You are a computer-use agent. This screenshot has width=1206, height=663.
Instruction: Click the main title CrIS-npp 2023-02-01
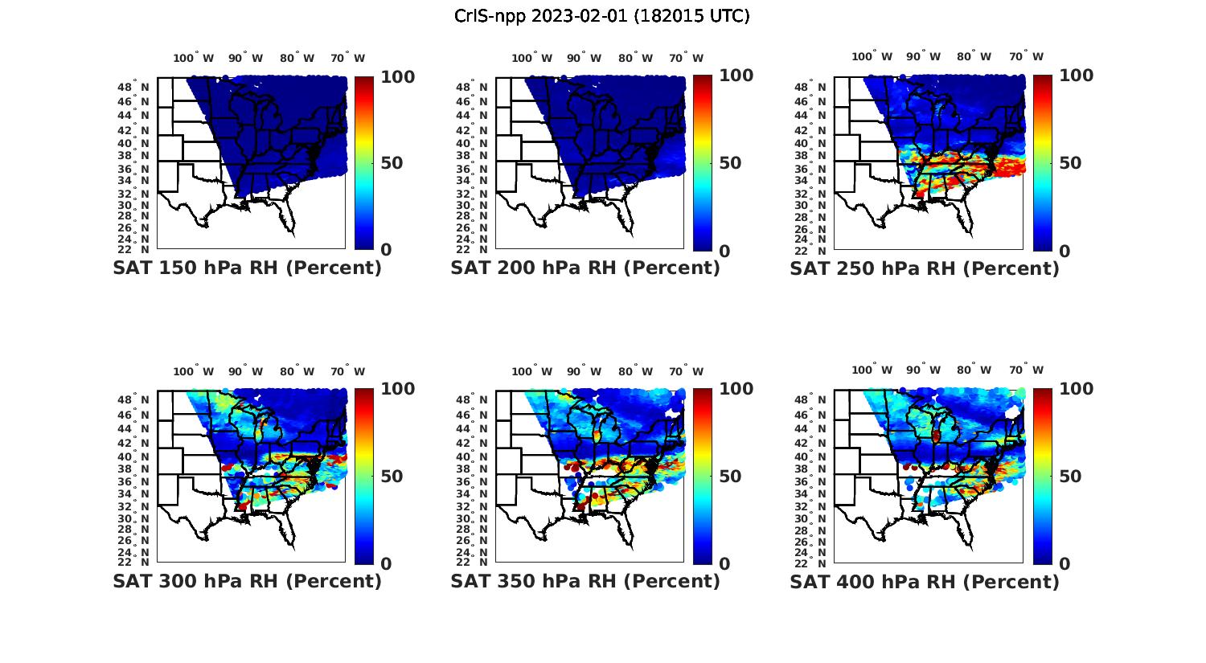click(602, 16)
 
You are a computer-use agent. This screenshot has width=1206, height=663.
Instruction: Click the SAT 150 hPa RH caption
click(247, 268)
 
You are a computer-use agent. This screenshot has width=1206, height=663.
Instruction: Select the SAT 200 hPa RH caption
click(585, 268)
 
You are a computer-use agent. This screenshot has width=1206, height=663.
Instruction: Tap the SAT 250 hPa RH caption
click(925, 268)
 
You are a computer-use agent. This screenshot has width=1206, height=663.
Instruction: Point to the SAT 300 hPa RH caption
click(247, 581)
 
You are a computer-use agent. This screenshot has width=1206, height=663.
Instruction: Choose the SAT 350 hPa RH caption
click(585, 581)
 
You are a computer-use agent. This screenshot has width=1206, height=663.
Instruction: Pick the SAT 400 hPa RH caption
click(925, 581)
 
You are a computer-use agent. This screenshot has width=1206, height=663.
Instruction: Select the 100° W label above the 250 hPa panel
click(872, 57)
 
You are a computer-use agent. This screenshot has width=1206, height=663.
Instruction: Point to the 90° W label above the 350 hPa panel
click(584, 371)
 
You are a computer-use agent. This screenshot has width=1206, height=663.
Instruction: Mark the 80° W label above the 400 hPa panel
click(974, 370)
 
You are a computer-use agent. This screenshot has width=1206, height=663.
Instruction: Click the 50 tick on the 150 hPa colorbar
click(392, 163)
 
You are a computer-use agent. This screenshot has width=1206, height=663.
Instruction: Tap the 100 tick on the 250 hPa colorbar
click(1077, 76)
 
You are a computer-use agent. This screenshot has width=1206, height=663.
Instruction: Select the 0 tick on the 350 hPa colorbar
click(724, 563)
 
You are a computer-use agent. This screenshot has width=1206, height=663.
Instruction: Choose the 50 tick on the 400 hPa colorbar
click(1069, 477)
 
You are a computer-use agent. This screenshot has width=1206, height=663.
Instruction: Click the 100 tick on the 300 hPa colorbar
click(398, 389)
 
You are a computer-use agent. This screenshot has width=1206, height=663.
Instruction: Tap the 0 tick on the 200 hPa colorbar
click(724, 251)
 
